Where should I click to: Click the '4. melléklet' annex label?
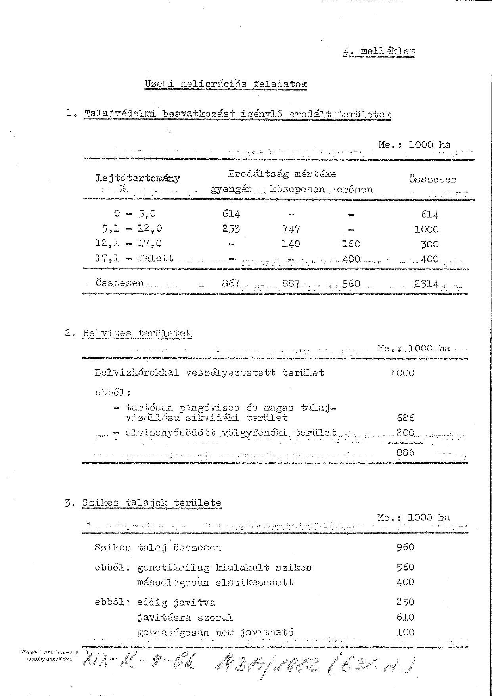click(379, 51)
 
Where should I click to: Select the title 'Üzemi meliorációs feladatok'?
click(226, 84)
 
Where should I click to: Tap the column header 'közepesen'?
click(297, 189)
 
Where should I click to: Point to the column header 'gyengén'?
click(231, 189)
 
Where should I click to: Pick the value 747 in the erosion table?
click(291, 229)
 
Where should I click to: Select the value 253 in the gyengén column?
click(231, 229)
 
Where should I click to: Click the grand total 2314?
click(425, 284)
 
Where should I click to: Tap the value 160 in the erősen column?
click(351, 244)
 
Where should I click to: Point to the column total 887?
click(291, 284)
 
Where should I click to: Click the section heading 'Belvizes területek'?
click(137, 333)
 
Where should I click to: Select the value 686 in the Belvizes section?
click(405, 418)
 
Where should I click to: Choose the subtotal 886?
click(405, 452)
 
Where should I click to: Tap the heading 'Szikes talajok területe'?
click(151, 503)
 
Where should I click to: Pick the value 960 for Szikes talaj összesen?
click(405, 547)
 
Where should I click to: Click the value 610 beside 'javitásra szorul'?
click(405, 617)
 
